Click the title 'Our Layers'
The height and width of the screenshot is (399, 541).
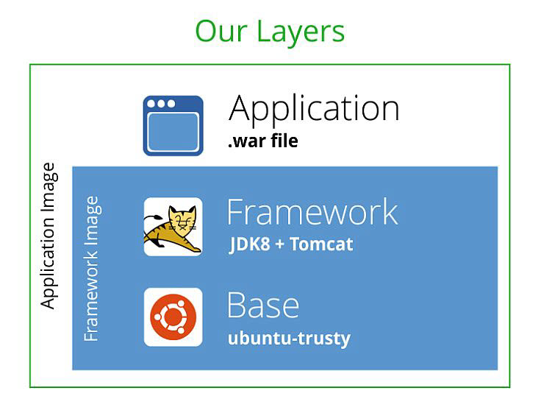[270, 32]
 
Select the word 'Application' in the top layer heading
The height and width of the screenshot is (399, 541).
[314, 109]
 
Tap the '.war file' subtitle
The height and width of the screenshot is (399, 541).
[263, 141]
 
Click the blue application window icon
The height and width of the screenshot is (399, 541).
[173, 126]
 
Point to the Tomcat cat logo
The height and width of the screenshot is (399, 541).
[173, 227]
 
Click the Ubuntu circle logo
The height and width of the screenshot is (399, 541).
[173, 317]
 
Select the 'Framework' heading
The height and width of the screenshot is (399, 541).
[312, 213]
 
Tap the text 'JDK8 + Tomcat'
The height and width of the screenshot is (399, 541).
[291, 244]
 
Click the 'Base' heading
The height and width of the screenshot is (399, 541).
[263, 306]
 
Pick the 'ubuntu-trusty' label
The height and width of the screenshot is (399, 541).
[289, 339]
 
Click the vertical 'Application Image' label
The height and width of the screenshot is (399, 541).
[48, 236]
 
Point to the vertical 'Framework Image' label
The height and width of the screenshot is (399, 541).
[91, 269]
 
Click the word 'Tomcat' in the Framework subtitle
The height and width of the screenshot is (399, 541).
[321, 244]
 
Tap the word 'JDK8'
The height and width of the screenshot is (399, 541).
[249, 244]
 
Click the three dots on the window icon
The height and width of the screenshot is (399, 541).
[161, 104]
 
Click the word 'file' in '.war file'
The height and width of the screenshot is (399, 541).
[284, 141]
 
